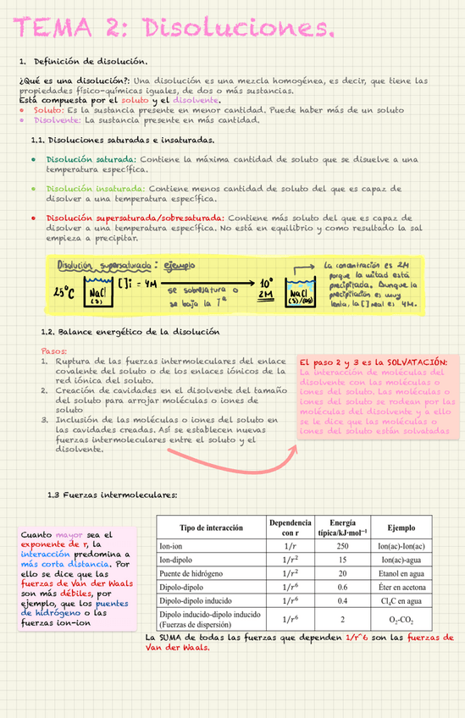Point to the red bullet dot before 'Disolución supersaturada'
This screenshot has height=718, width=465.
point(32,218)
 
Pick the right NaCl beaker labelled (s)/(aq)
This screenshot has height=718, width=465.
point(300,293)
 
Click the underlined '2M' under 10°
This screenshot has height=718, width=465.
point(266,295)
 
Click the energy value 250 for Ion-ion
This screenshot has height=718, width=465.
point(342,547)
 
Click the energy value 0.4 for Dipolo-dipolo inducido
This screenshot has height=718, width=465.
point(342,600)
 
